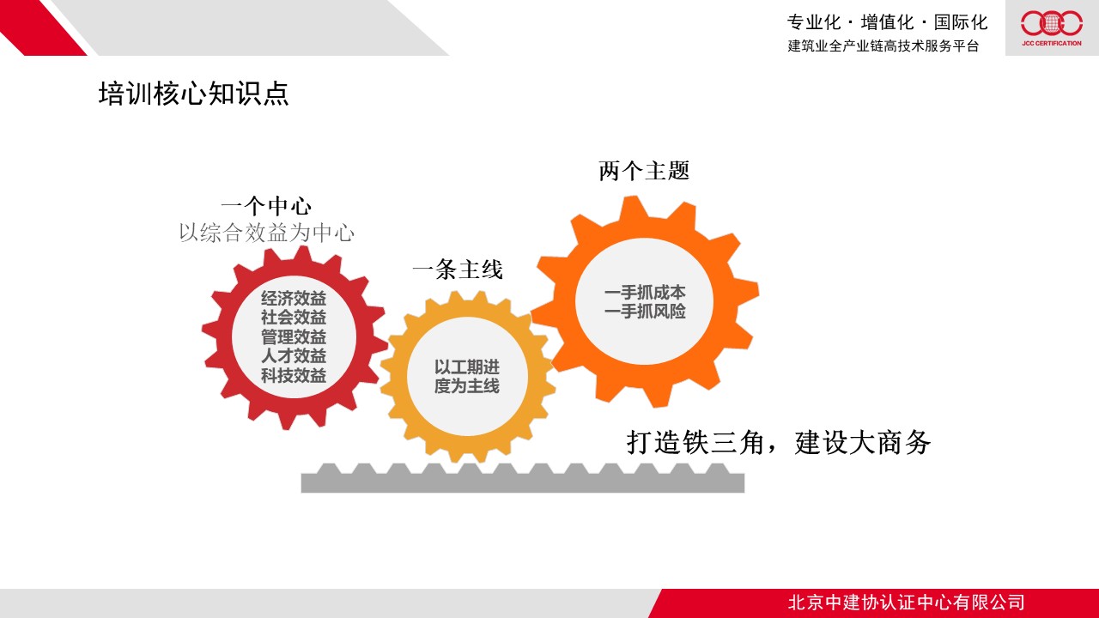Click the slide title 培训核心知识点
(193, 94)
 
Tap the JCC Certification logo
(1052, 28)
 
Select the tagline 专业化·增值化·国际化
(887, 22)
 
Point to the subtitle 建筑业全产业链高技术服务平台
(883, 45)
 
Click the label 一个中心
(266, 206)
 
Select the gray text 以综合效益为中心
(266, 233)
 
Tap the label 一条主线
(458, 270)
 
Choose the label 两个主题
(644, 171)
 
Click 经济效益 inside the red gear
(294, 298)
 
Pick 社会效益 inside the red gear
(294, 318)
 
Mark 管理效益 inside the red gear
(294, 337)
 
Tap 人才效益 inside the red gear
(294, 355)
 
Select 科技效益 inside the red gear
(294, 375)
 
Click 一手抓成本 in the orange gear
(645, 293)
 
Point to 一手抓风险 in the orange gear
(645, 311)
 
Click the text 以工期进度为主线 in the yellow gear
(466, 376)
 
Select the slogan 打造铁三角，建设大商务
(779, 442)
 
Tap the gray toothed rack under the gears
(523, 478)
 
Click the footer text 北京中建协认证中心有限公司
(906, 603)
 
